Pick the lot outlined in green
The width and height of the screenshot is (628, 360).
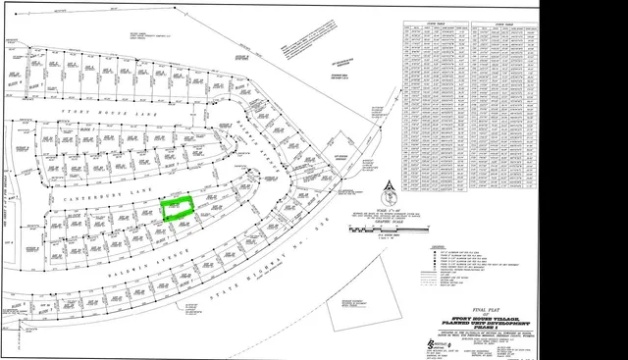(178, 207)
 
